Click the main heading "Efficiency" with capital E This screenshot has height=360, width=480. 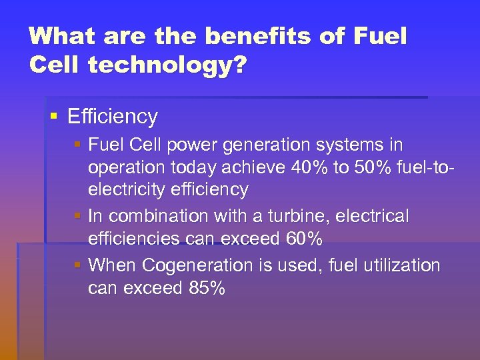[113, 117]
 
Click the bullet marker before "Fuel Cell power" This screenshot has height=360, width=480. [79, 145]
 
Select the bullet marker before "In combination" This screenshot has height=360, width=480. [79, 216]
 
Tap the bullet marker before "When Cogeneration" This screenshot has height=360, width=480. [79, 265]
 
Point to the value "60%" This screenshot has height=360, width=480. [302, 239]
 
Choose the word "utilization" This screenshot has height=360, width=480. [400, 266]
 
